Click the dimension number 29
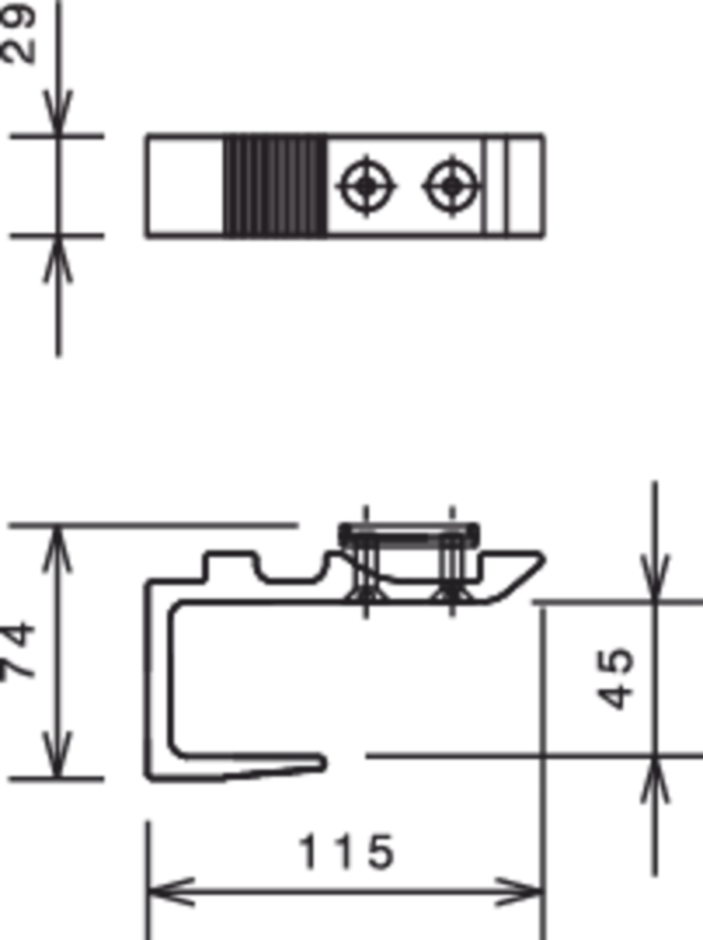coord(18,33)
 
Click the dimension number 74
coord(18,650)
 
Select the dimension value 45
coord(616,678)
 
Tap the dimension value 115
coord(346,852)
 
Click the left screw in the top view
coord(367,186)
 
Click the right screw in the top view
coord(452,186)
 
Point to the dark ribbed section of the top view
coord(275,186)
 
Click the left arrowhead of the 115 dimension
coord(171,892)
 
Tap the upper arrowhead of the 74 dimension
coord(57,549)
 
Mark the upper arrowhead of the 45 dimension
coord(655,577)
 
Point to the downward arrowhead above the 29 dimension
coord(57,113)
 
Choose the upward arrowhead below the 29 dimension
coord(57,259)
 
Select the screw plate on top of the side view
coord(409,535)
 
